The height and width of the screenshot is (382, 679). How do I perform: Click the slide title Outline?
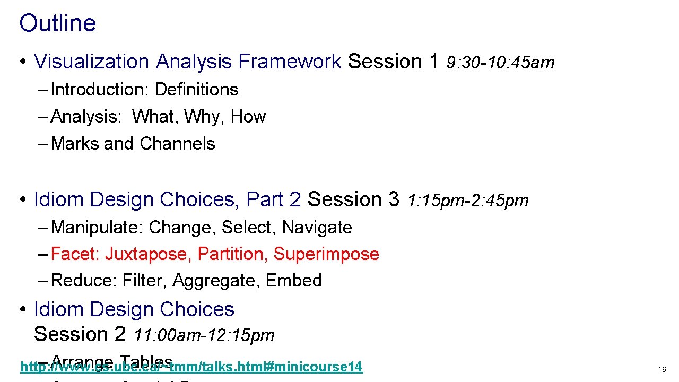click(x=57, y=23)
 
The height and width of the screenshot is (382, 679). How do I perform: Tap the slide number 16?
click(x=661, y=369)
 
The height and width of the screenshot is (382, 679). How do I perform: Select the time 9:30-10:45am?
click(x=500, y=63)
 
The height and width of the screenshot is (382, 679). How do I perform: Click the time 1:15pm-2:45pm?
click(x=468, y=201)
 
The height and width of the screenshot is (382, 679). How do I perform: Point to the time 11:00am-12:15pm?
click(x=204, y=335)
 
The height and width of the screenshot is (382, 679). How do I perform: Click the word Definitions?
click(x=196, y=90)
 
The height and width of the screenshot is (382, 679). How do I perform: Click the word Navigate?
click(x=317, y=228)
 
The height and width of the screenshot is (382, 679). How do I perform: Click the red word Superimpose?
click(x=326, y=254)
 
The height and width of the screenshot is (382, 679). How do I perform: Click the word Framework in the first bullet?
click(x=290, y=62)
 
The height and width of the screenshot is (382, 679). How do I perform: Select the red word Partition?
click(x=233, y=254)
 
